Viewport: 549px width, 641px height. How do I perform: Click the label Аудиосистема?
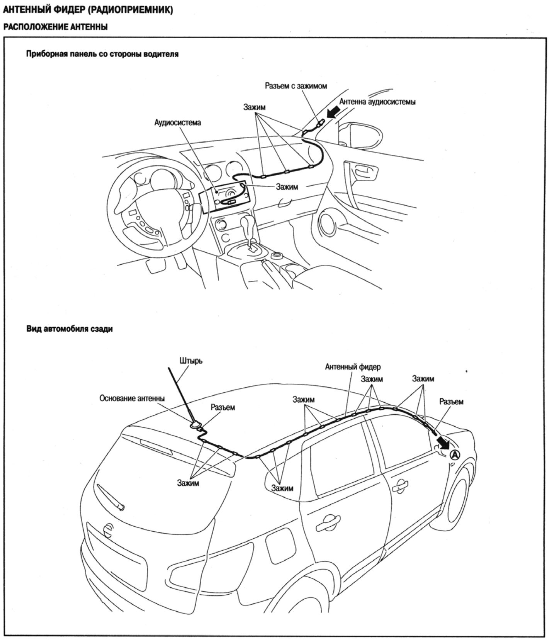coord(178,122)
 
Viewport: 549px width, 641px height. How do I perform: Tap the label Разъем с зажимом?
coord(296,86)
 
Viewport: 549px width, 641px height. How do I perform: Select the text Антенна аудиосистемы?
coord(377,102)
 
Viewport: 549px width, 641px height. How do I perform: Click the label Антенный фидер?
coord(353,366)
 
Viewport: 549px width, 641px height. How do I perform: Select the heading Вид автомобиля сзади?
coord(70,329)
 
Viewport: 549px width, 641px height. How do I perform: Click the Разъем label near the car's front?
coord(451,402)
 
